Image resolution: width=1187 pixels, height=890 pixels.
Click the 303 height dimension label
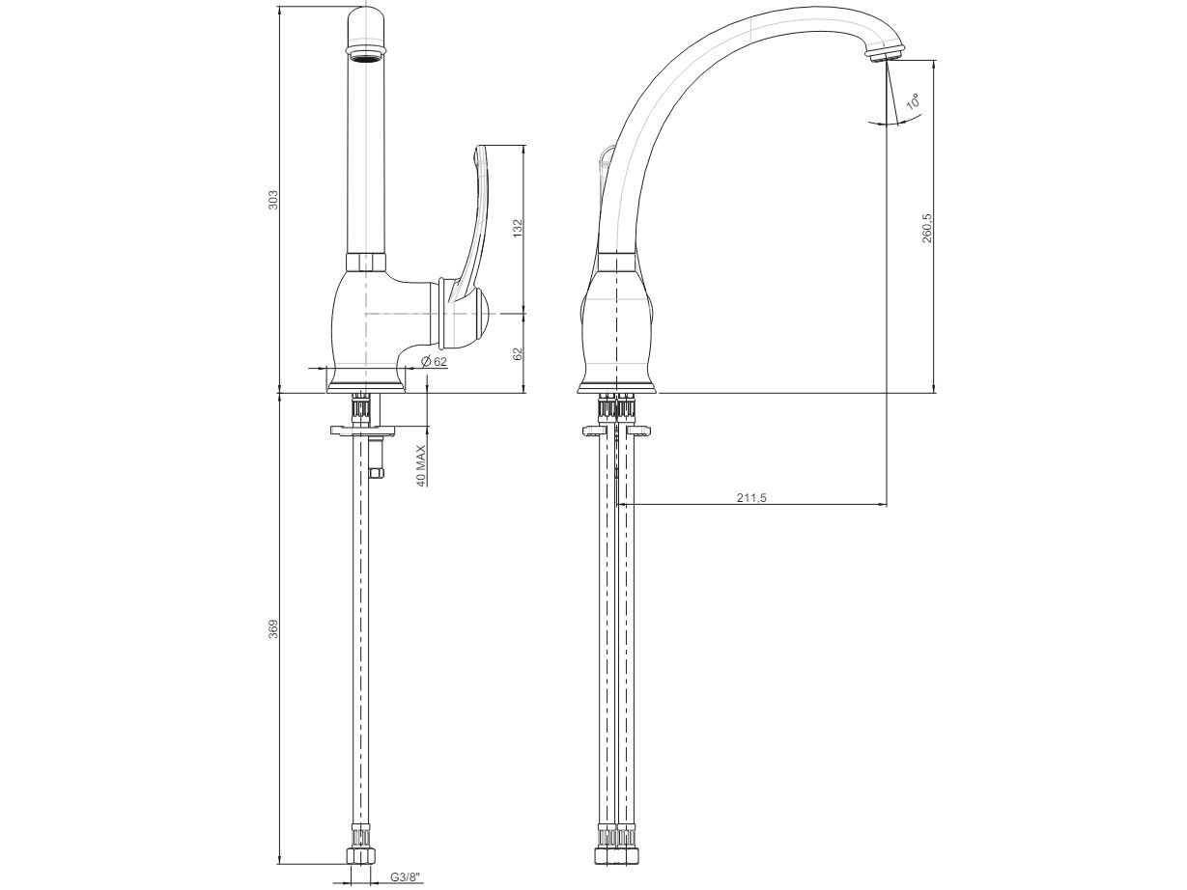coord(273,200)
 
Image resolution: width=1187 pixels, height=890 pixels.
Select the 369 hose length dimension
coord(273,629)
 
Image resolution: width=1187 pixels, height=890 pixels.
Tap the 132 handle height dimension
coord(518,229)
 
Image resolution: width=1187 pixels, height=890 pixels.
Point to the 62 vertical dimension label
coord(518,353)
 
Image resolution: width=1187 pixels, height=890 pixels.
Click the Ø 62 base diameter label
coord(435,361)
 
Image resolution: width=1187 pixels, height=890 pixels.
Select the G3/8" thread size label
coord(406,876)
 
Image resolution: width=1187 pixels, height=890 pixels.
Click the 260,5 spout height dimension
coord(927,228)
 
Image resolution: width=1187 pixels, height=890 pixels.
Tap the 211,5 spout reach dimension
coord(752,497)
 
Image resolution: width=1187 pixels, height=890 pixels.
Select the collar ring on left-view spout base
coord(365,262)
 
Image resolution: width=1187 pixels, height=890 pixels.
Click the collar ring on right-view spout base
coord(616,262)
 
